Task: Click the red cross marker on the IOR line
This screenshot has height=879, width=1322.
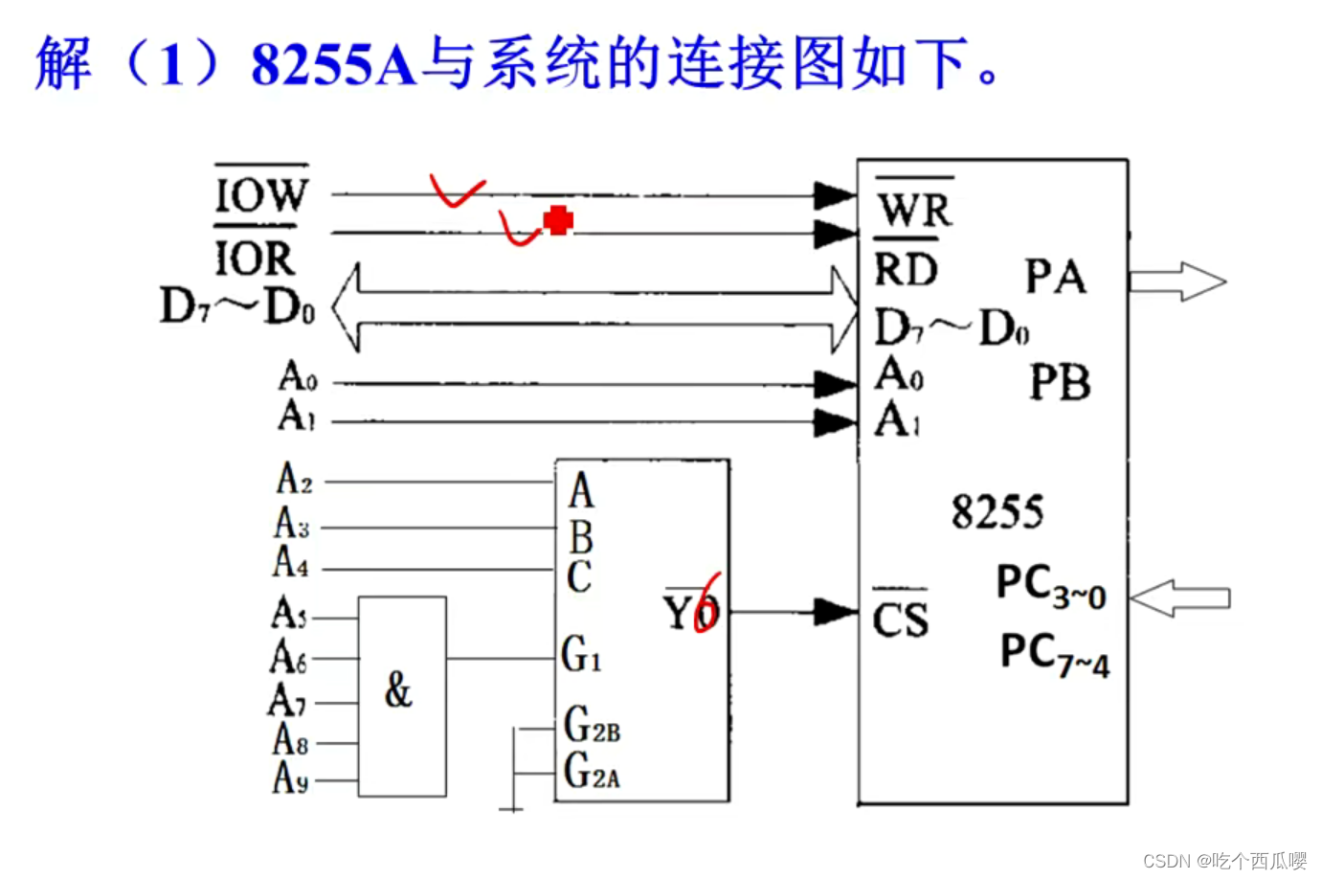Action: click(x=558, y=220)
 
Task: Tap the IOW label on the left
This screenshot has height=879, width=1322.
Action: click(x=260, y=195)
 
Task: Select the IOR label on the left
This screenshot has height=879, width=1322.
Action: click(x=254, y=258)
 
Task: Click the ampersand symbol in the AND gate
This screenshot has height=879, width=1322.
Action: click(x=398, y=689)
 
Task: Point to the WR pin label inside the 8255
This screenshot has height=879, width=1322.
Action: click(x=914, y=210)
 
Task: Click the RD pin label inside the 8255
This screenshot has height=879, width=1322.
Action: click(x=906, y=269)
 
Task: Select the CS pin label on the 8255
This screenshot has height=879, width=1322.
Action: click(x=900, y=620)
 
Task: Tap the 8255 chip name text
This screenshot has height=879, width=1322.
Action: click(x=997, y=512)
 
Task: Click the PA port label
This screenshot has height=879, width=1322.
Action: click(x=1055, y=278)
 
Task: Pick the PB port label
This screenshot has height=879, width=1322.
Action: click(x=1060, y=383)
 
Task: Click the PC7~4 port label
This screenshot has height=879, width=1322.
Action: click(x=1054, y=655)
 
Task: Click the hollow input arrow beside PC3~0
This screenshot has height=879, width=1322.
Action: click(x=1179, y=598)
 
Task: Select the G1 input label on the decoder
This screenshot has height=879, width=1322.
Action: click(x=581, y=655)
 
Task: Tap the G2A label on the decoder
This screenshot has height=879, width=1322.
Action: click(x=592, y=771)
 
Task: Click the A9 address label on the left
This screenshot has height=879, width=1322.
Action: click(x=290, y=778)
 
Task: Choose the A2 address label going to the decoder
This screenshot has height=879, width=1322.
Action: click(x=294, y=478)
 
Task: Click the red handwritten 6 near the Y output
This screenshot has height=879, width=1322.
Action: click(x=708, y=603)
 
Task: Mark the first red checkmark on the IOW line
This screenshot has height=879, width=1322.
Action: click(x=456, y=191)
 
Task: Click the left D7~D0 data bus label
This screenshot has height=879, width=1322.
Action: click(x=236, y=307)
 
